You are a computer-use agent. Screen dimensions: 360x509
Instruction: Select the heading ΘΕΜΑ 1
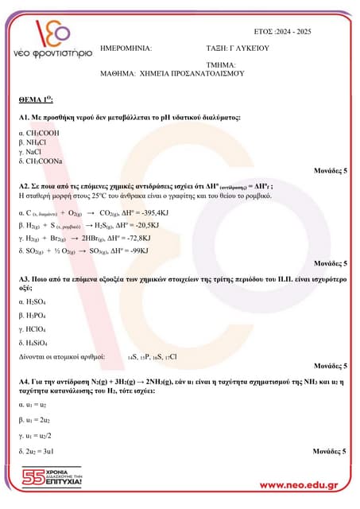point(36,102)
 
